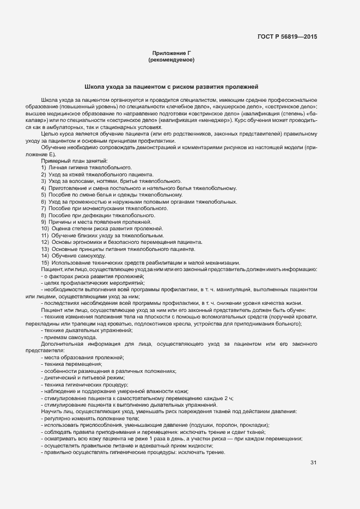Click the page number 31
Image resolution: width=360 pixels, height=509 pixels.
pyautogui.click(x=313, y=463)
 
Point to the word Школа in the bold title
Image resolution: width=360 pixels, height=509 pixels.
pyautogui.click(x=94, y=87)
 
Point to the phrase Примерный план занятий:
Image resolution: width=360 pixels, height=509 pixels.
pyautogui.click(x=74, y=161)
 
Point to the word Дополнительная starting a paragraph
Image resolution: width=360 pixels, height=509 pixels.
pyautogui.click(x=64, y=344)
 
